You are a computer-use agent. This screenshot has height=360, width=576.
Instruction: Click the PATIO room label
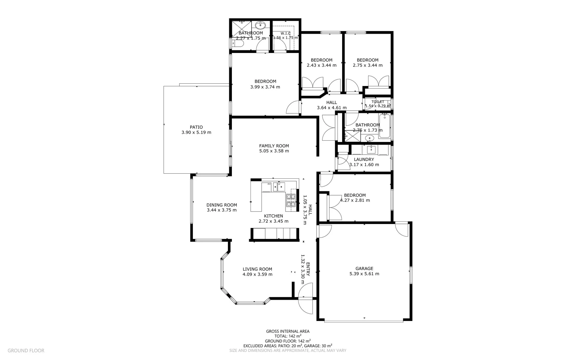click(x=196, y=127)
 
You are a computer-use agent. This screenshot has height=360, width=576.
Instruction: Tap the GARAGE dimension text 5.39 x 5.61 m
click(x=364, y=274)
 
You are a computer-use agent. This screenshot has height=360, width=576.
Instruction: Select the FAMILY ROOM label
click(x=274, y=146)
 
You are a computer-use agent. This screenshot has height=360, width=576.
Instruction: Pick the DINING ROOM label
click(x=222, y=205)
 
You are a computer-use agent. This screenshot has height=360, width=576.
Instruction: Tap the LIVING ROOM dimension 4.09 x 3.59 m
click(x=257, y=274)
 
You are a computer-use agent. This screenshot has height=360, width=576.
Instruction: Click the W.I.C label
click(x=286, y=33)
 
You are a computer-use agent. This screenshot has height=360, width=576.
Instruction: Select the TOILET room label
click(x=378, y=102)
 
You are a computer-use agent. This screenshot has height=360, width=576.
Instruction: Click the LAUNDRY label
click(x=364, y=159)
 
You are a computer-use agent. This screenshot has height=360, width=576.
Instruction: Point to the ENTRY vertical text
click(x=308, y=269)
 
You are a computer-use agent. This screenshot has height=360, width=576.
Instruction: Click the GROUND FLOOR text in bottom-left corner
click(x=26, y=350)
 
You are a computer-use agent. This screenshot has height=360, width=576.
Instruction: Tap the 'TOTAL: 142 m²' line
click(x=288, y=336)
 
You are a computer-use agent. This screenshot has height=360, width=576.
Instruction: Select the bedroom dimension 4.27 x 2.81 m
click(x=355, y=200)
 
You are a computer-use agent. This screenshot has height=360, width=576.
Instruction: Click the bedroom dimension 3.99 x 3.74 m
click(x=265, y=87)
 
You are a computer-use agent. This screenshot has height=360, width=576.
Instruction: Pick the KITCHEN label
click(x=274, y=216)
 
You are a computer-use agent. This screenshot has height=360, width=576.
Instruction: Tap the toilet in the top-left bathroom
click(x=236, y=44)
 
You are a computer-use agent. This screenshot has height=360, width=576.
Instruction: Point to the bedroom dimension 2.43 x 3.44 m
click(x=321, y=65)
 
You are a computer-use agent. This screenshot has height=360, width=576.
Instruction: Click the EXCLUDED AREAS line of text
click(x=288, y=346)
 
